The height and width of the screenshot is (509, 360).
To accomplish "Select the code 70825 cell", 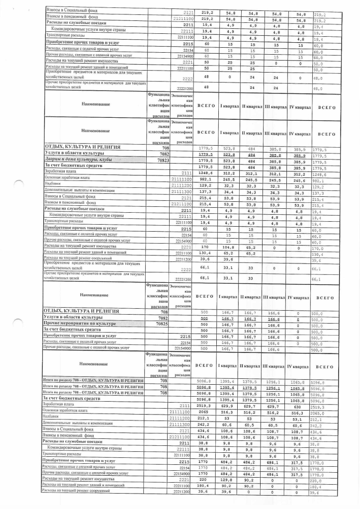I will click(163, 323).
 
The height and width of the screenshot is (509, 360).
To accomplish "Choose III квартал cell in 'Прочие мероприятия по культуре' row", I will click(275, 323).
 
